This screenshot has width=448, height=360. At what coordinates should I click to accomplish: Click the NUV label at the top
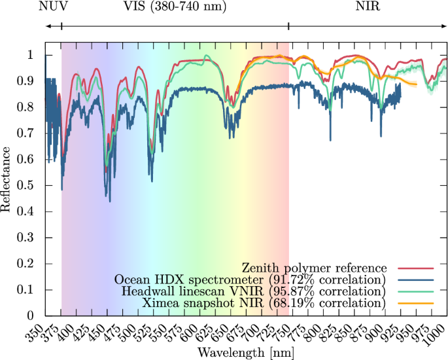point(52,7)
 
